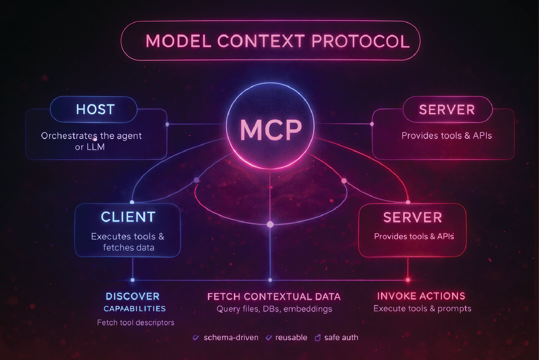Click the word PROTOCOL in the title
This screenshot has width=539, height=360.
coord(360,41)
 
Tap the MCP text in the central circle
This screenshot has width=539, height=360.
coord(270,130)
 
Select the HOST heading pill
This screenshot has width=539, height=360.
coord(95,110)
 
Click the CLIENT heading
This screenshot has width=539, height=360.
coord(128,217)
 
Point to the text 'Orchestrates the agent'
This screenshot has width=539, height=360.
coord(91,136)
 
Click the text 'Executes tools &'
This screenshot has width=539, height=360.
coord(128,236)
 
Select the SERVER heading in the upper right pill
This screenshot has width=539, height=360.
coord(447,110)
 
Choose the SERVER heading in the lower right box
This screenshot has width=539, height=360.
coord(412,218)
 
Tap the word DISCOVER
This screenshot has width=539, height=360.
coord(133,296)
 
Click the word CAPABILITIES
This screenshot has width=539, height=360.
coord(135,309)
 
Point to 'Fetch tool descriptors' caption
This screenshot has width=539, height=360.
coord(136,323)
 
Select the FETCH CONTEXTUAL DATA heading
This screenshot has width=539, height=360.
coord(274,297)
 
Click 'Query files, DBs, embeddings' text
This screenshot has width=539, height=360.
coord(274,309)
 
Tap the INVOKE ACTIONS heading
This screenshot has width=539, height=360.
coord(421,296)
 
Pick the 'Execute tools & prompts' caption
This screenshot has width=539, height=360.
coord(422,309)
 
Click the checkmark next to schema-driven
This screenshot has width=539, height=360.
coord(196,338)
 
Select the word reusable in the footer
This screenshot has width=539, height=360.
coord(291,337)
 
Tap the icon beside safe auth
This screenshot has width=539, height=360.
coord(317,338)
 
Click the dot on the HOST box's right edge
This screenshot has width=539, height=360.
coord(167,124)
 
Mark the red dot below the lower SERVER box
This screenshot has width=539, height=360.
coord(408,280)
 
